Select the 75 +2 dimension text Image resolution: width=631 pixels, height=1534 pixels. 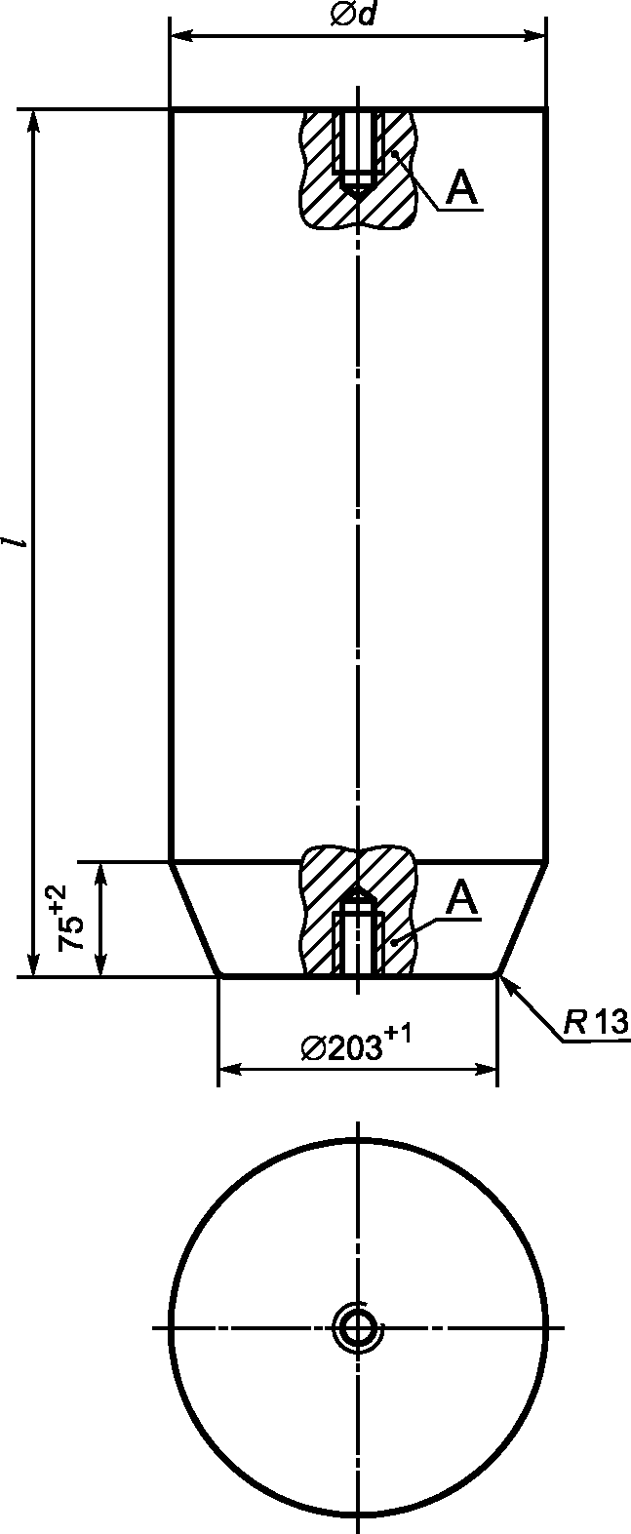coord(71,918)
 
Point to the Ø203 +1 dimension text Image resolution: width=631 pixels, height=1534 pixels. coord(356,1043)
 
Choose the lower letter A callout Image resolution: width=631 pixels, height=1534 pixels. coord(461,898)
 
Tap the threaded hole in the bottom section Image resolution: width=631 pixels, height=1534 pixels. coord(358,930)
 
